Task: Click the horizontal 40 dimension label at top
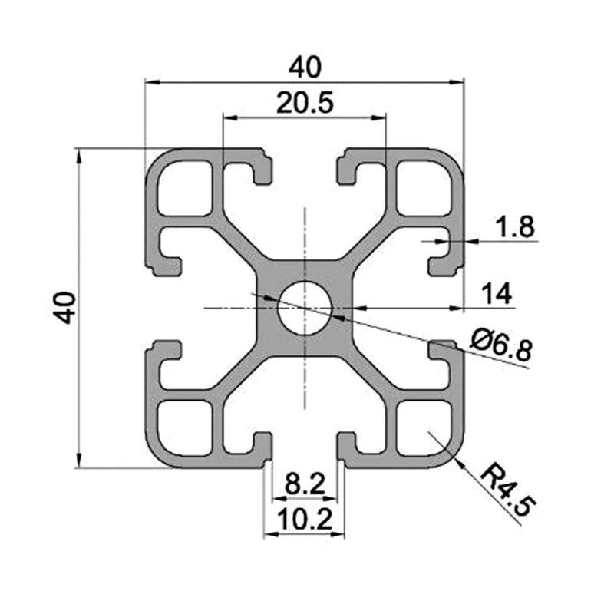(x=304, y=68)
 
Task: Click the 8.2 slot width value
(x=305, y=484)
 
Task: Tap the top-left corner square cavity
(x=184, y=188)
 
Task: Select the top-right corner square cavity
(x=424, y=188)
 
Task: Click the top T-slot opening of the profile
(x=305, y=165)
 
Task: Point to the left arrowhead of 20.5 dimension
(x=227, y=118)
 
